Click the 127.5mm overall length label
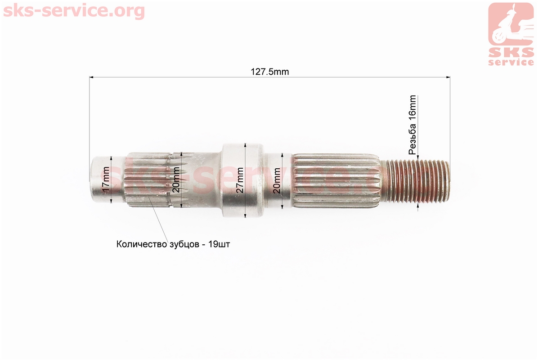tap(270, 72)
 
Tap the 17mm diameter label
tap(106, 179)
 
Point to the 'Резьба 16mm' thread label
tap(412, 125)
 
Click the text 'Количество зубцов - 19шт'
tap(173, 244)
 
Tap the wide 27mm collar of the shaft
tap(243, 180)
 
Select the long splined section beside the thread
tap(336, 181)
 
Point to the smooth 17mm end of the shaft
tap(107, 180)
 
